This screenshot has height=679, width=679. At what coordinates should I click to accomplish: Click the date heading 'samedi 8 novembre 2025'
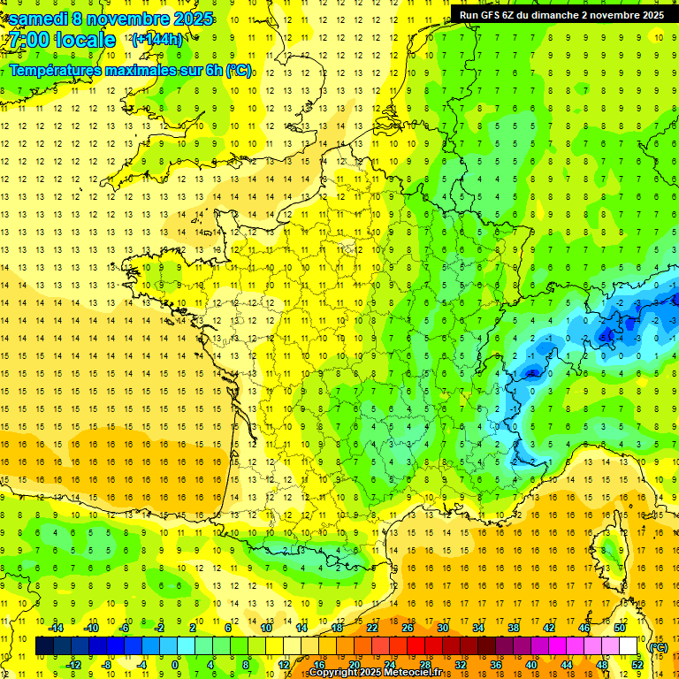pos(111,19)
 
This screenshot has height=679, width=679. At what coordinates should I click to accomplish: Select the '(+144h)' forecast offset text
pos(156,40)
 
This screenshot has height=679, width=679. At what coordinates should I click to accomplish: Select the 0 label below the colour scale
pos(176,665)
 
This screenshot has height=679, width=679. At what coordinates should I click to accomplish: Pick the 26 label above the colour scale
pos(408,628)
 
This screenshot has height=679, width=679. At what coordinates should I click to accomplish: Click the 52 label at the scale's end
pos(637,665)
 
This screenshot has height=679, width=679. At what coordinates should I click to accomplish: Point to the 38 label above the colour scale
pos(514,628)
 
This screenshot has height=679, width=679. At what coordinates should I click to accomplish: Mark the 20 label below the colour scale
pos(354,665)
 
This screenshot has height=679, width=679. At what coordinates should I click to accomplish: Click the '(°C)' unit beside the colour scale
pos(658,646)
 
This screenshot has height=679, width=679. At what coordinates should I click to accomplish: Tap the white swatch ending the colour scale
pos(629,646)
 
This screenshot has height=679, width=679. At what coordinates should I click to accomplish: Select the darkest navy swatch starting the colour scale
pos(44,646)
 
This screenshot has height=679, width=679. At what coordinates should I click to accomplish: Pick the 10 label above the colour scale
pos(266,628)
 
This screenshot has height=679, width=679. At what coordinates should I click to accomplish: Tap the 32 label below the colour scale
pos(460,665)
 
